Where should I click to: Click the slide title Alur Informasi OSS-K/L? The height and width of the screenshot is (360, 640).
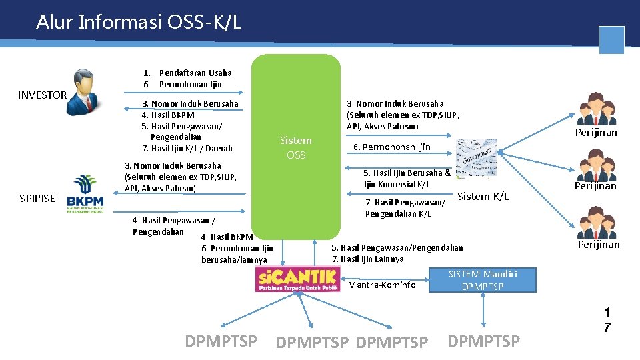[139, 23]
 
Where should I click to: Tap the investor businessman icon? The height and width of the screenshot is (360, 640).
[85, 92]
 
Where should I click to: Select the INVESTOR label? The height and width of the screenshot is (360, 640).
[42, 95]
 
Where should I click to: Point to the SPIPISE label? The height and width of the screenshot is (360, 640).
[37, 199]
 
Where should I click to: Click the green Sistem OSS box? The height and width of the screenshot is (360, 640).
[296, 147]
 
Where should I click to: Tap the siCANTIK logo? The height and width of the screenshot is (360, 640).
[297, 279]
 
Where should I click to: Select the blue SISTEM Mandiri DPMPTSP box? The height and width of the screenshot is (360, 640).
[483, 280]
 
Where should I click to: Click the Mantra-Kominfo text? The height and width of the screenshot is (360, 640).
[382, 285]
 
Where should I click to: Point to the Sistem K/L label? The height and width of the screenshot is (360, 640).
[483, 196]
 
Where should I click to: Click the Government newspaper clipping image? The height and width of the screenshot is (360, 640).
[476, 157]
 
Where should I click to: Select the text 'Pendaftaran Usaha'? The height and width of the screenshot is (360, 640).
[195, 73]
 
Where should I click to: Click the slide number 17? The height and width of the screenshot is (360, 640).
[607, 319]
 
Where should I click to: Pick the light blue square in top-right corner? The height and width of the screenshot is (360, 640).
[611, 40]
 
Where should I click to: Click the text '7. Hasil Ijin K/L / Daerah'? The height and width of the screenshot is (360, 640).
[187, 148]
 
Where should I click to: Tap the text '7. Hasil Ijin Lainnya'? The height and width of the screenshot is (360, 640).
[367, 259]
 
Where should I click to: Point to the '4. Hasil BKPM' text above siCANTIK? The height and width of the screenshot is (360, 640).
[227, 237]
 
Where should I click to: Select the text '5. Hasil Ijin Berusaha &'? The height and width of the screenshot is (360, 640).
[407, 173]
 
